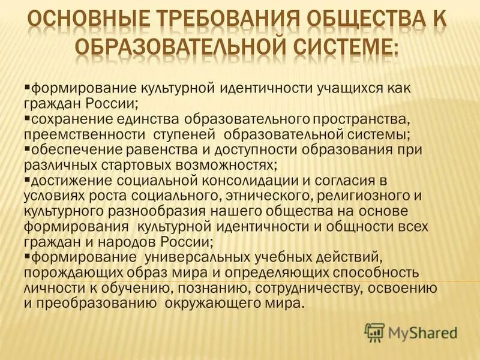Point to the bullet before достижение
coord(27,178)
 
